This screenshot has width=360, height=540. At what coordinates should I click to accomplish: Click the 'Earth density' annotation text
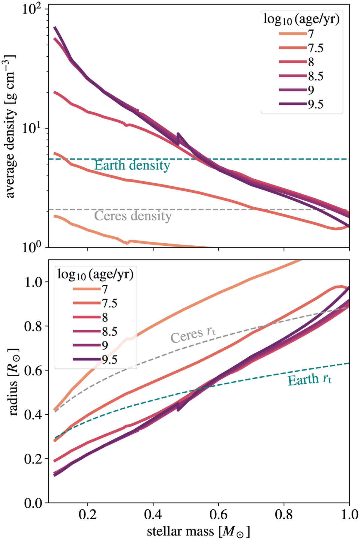click(x=132, y=166)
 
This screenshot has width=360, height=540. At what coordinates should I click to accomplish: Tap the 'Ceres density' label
click(x=133, y=216)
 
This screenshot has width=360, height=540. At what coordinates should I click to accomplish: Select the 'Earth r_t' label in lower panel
click(x=310, y=380)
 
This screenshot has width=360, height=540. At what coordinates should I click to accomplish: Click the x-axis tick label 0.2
click(x=88, y=515)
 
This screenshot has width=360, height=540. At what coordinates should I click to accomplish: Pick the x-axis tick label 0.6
click(x=218, y=515)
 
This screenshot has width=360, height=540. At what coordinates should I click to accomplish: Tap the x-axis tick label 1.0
click(x=349, y=515)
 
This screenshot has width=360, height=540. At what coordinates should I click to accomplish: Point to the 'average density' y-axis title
click(x=10, y=126)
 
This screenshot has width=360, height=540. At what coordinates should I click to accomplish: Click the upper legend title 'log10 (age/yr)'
click(x=301, y=19)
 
